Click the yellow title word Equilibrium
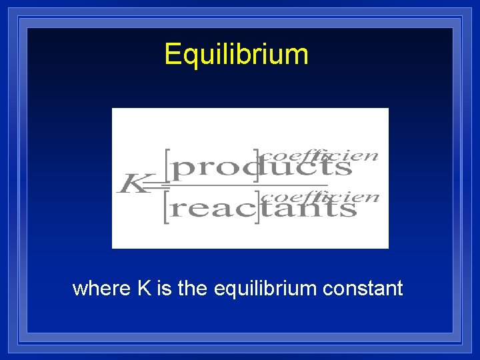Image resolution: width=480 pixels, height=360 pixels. pyautogui.click(x=237, y=54)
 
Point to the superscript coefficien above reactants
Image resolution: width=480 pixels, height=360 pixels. pyautogui.click(x=320, y=196)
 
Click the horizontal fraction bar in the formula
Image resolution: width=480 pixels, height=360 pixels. pyautogui.click(x=247, y=185)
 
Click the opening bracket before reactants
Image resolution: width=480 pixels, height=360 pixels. pyautogui.click(x=167, y=209)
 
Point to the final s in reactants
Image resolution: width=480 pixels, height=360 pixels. pyautogui.click(x=350, y=209)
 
